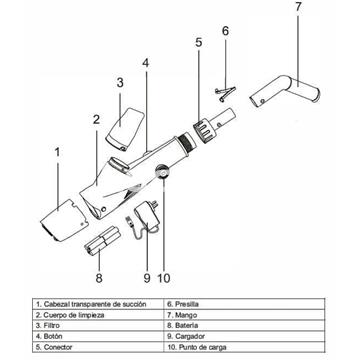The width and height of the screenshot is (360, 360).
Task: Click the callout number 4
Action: point(146,62)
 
